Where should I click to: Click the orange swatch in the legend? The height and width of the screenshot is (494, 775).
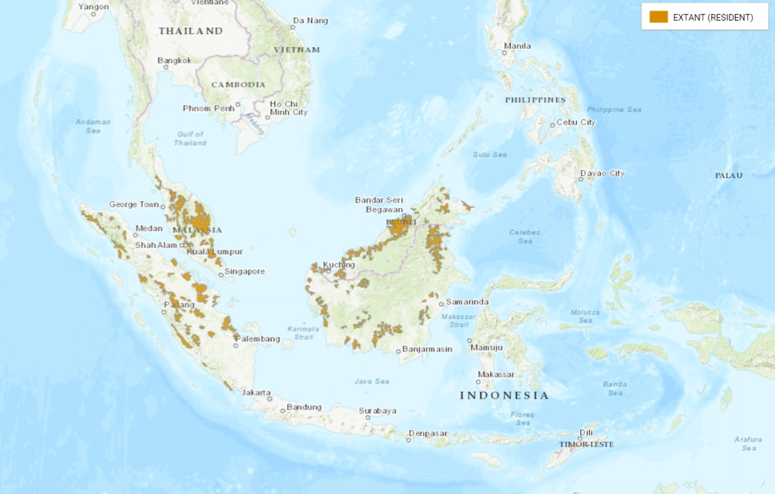pos(659,17)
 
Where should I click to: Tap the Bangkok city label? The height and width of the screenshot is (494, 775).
pos(174,60)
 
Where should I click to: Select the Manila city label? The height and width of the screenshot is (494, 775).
pos(517,46)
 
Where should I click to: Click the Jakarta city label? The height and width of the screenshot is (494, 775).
pos(257,392)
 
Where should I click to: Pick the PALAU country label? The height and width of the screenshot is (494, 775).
pos(729,176)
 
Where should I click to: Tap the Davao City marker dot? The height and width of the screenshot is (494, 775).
pos(580,180)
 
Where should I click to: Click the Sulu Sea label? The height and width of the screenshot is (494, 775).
pos(490,155)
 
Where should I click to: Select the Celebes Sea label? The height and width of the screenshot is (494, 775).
pos(525,237)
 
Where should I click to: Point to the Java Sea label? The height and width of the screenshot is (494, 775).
pos(373,381)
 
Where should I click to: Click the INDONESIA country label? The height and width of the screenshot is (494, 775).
pos(505,395)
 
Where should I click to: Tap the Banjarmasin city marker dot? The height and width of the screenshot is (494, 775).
pos(399,351)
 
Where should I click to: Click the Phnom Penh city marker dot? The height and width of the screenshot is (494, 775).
pos(238,104)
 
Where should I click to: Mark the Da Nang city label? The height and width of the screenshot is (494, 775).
pos(310,20)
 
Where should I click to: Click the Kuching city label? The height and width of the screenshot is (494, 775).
pos(340,264)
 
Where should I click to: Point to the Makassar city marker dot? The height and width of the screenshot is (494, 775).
pos(478,381)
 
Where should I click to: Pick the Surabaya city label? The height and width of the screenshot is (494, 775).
pos(377,411)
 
